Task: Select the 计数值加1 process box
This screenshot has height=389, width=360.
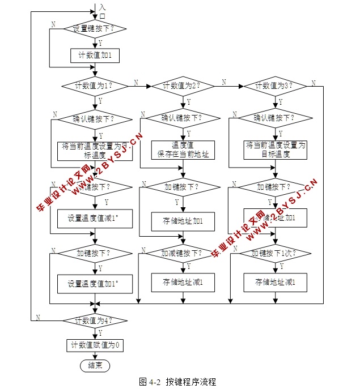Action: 95,55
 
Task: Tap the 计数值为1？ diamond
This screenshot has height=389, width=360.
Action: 95,86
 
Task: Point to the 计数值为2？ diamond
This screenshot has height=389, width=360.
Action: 182,86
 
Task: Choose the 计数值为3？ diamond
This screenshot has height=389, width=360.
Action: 275,86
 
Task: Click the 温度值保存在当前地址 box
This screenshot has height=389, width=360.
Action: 183,149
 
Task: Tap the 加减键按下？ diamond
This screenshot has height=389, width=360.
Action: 182,253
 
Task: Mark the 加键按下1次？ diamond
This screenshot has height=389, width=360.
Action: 275,253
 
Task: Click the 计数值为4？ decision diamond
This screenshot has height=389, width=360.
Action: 95,320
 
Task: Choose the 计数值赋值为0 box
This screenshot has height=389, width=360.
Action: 95,345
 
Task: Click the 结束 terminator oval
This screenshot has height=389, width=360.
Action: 95,366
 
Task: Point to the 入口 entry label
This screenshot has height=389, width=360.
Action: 102,11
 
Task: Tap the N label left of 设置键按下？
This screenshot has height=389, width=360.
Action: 53,24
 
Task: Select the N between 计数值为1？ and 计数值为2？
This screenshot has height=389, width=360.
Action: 135,82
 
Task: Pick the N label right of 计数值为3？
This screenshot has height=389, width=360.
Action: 312,82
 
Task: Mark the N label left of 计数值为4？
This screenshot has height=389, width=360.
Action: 38,317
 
